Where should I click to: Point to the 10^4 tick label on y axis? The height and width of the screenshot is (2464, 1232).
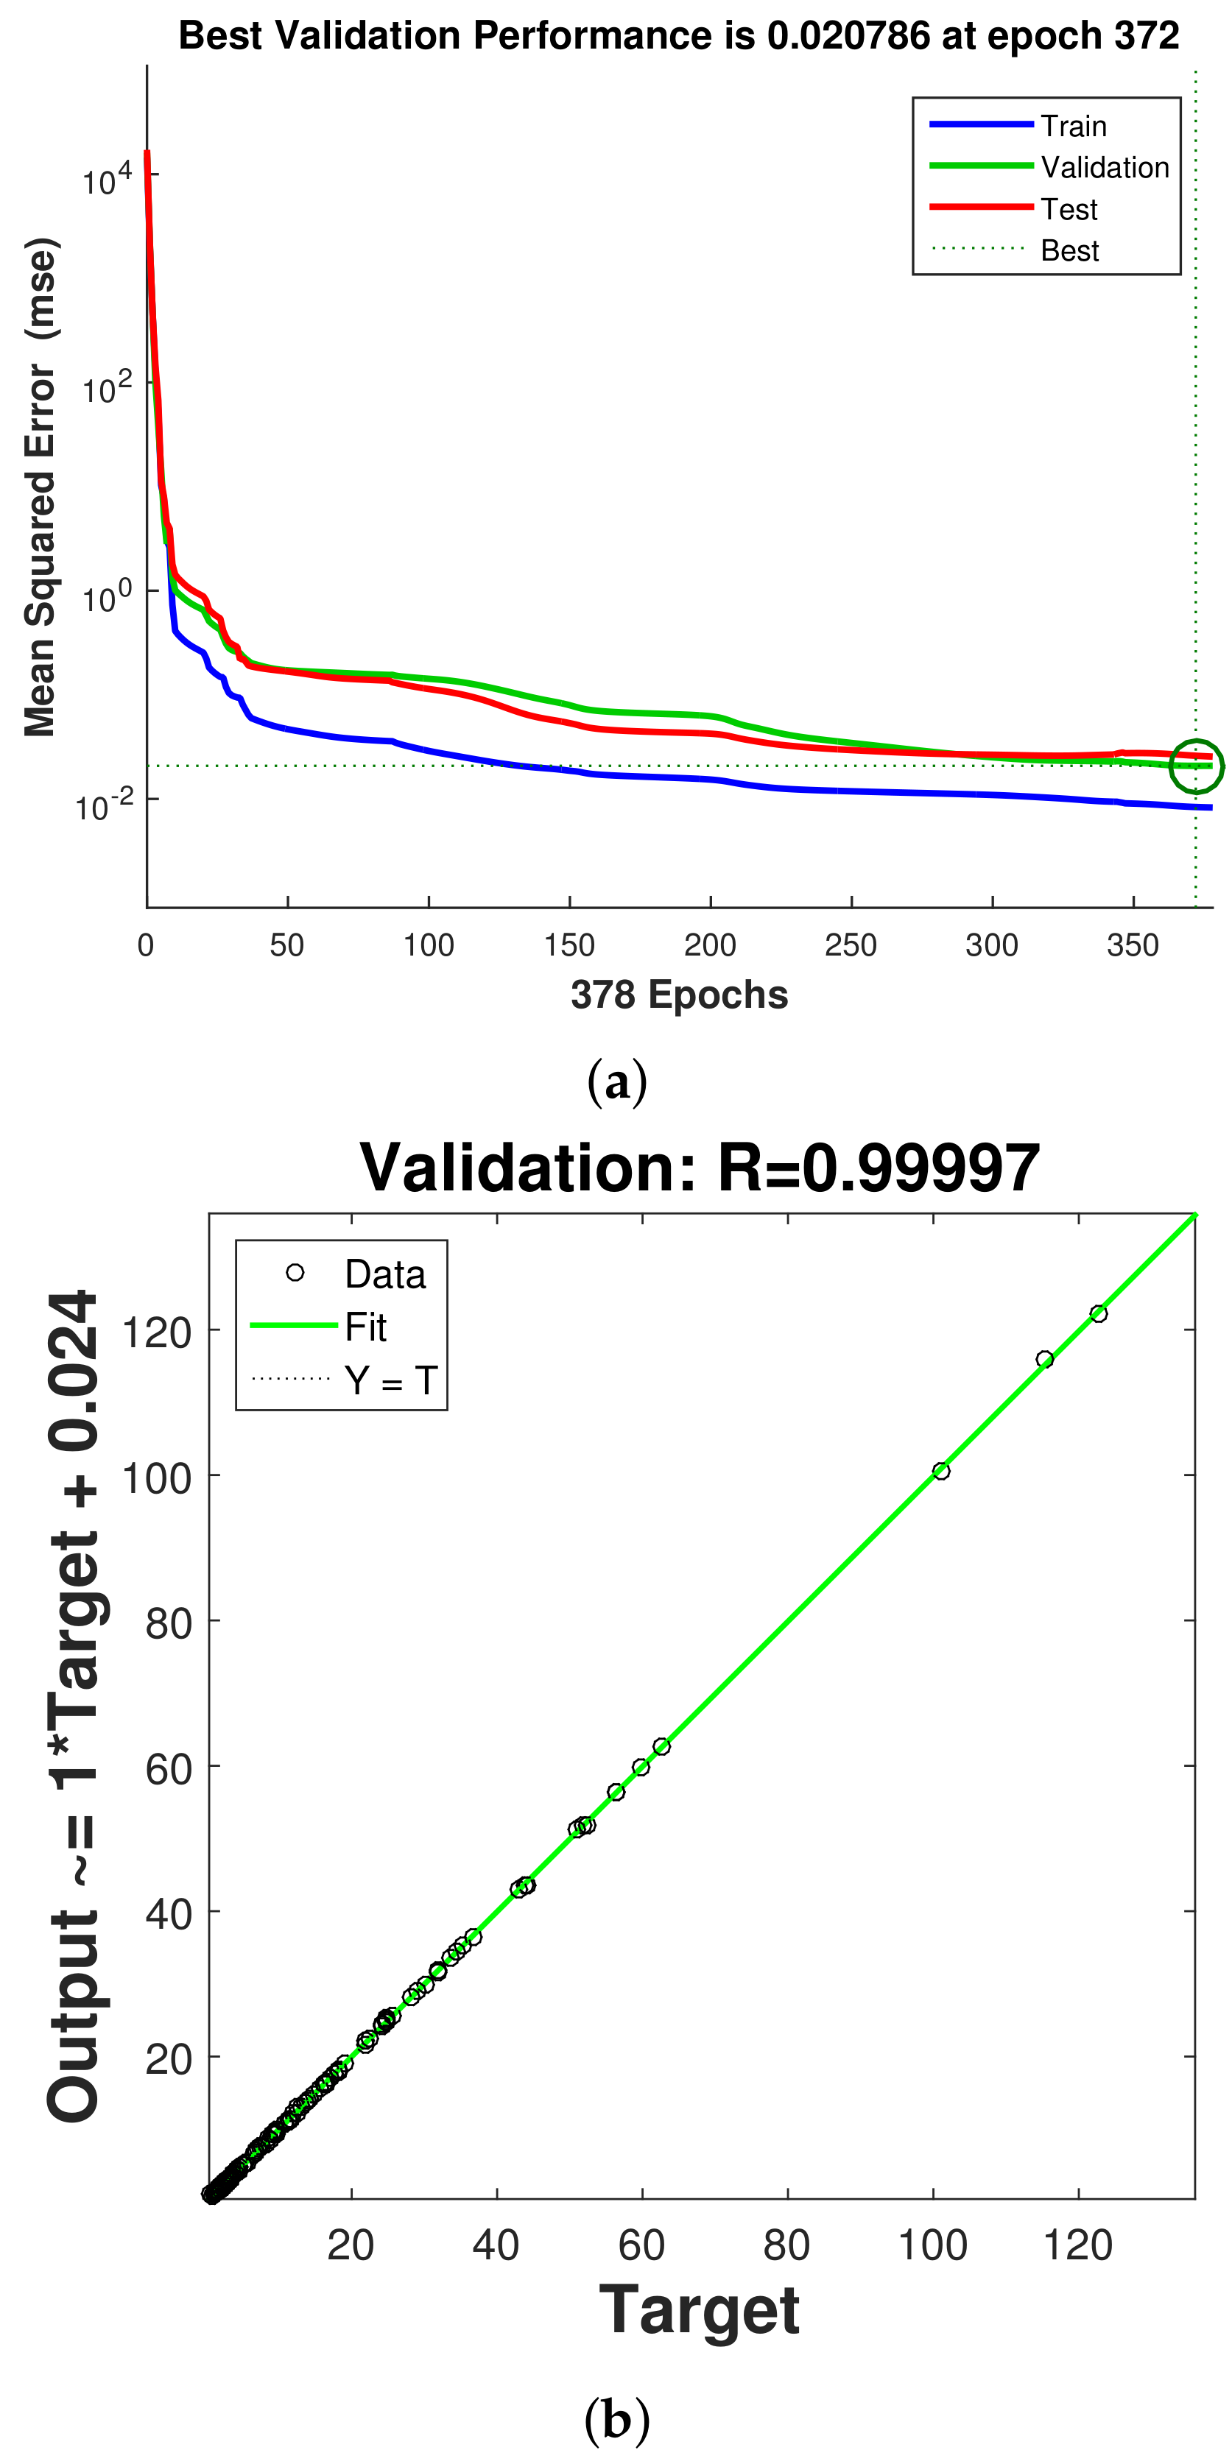tap(105, 179)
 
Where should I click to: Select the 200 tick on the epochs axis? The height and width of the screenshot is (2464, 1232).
tap(710, 945)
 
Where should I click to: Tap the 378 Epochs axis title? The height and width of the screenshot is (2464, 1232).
tap(679, 995)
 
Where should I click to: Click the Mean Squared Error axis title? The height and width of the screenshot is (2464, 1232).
tap(41, 488)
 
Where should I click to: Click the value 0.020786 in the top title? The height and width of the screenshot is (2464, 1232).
tap(848, 36)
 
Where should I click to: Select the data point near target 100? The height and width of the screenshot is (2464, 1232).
tap(941, 1471)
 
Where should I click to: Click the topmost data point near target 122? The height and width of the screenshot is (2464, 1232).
tap(1098, 1313)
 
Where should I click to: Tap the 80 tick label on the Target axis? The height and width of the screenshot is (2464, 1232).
tap(786, 2245)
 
